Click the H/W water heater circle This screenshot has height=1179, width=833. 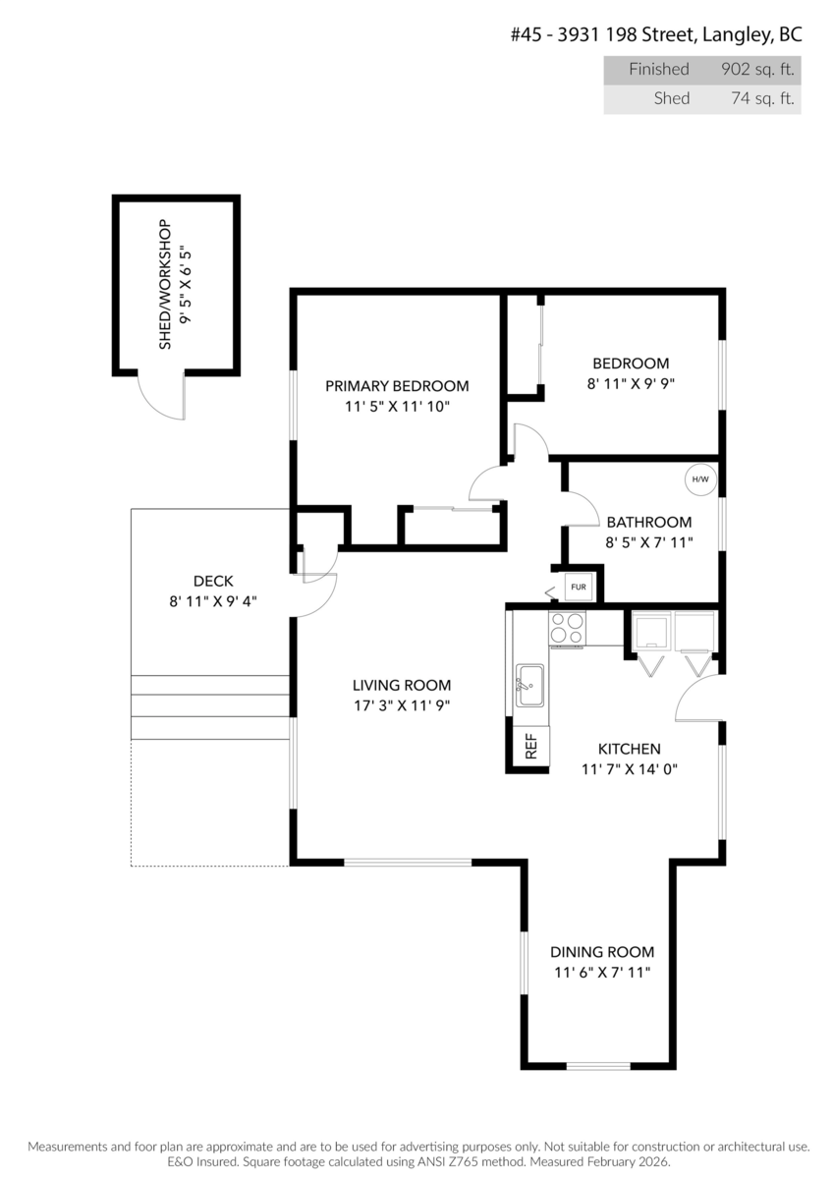pyautogui.click(x=699, y=479)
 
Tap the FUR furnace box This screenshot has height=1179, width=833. pyautogui.click(x=578, y=587)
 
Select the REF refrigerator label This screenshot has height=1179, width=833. pyautogui.click(x=531, y=747)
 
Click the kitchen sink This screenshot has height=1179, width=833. pyautogui.click(x=529, y=685)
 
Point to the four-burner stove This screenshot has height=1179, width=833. pyautogui.click(x=567, y=628)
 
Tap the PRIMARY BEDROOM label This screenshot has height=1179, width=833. pyautogui.click(x=397, y=386)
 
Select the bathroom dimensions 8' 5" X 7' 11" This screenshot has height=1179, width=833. pyautogui.click(x=649, y=542)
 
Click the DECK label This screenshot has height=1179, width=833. pyautogui.click(x=213, y=581)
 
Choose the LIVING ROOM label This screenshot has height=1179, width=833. pyautogui.click(x=402, y=686)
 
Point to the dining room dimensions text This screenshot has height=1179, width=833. pyautogui.click(x=602, y=972)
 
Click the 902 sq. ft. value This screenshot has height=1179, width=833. pyautogui.click(x=757, y=69)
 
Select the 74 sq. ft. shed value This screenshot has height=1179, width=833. pyautogui.click(x=762, y=98)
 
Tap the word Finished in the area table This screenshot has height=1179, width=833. pyautogui.click(x=659, y=69)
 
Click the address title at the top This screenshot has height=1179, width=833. pyautogui.click(x=657, y=34)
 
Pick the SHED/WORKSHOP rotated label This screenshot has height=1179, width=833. pyautogui.click(x=165, y=284)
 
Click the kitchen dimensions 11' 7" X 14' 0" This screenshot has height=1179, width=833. pyautogui.click(x=629, y=769)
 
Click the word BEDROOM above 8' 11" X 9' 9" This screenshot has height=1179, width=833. pyautogui.click(x=631, y=364)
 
